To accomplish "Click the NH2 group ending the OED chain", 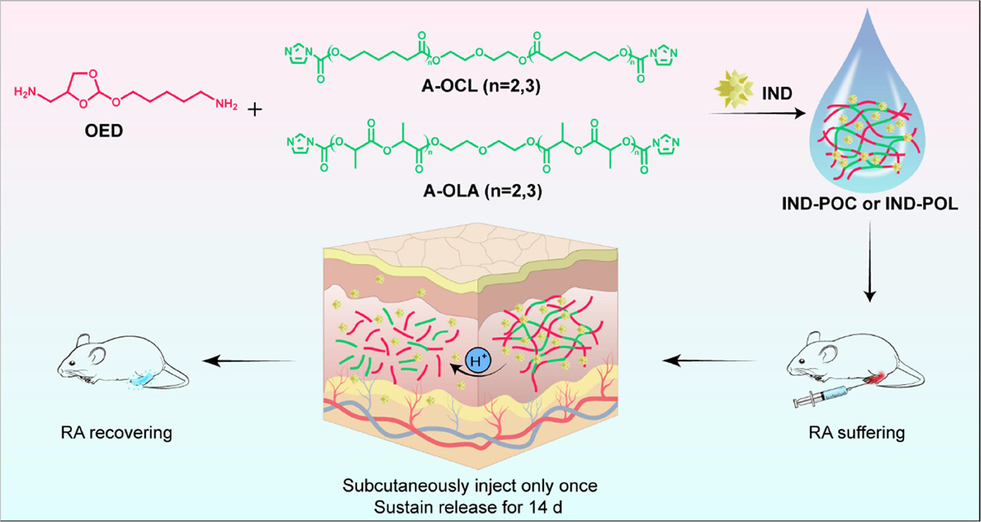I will pyautogui.click(x=226, y=105).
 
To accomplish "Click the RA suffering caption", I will pyautogui.click(x=858, y=433).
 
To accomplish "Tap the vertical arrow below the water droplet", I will pyautogui.click(x=870, y=265).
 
